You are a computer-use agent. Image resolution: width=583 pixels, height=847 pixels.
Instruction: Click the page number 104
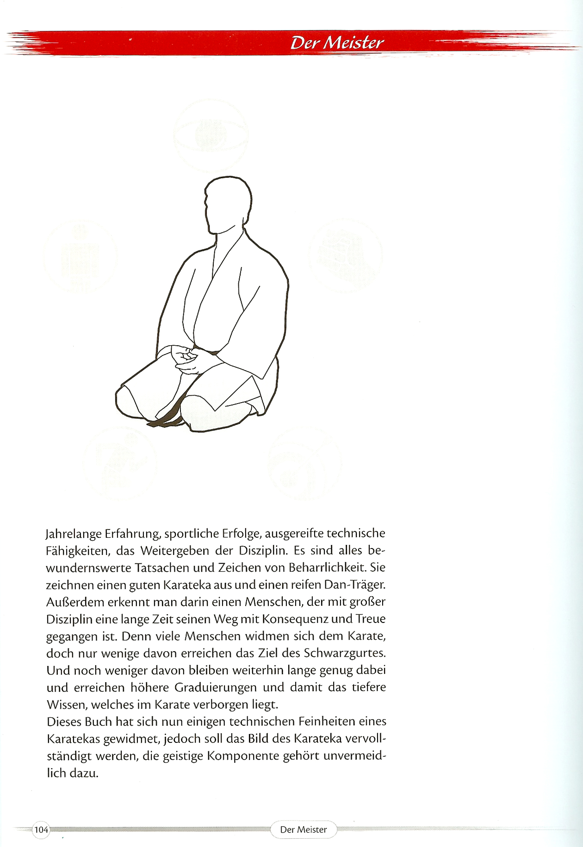pos(41,830)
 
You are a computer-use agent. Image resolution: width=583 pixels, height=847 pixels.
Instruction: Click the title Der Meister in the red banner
pos(337,43)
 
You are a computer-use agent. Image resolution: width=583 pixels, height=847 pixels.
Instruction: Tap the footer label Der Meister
pos(304,830)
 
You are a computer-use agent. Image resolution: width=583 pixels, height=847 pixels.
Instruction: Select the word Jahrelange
pos(74,534)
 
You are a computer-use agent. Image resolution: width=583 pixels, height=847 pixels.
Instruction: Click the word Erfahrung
pos(133,534)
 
